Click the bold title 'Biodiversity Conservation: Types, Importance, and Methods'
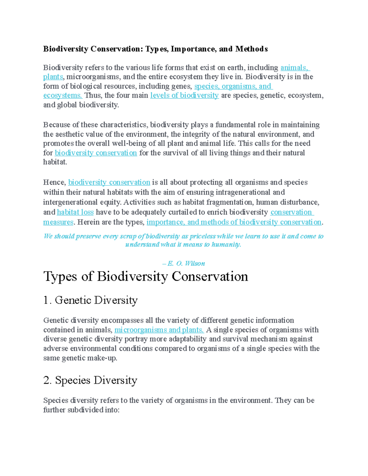155,49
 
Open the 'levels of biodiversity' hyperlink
184,95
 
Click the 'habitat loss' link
75,212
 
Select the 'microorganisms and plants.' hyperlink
159,330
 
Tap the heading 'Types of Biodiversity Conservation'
146,276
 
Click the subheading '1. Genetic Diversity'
90,300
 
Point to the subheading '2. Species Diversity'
90,380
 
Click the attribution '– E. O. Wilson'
183,263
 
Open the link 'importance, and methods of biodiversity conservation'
234,222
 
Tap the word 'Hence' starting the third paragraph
54,182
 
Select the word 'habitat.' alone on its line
55,162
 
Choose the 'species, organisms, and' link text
233,86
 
